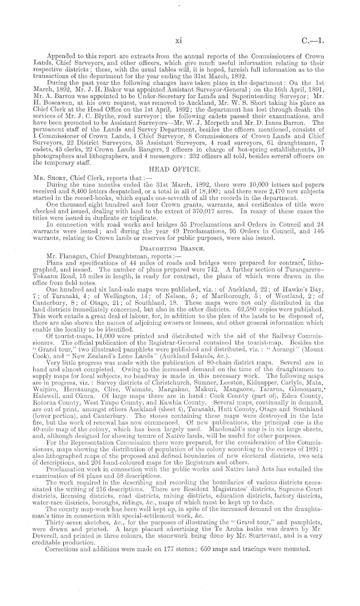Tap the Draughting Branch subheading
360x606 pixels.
click(x=180, y=233)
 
